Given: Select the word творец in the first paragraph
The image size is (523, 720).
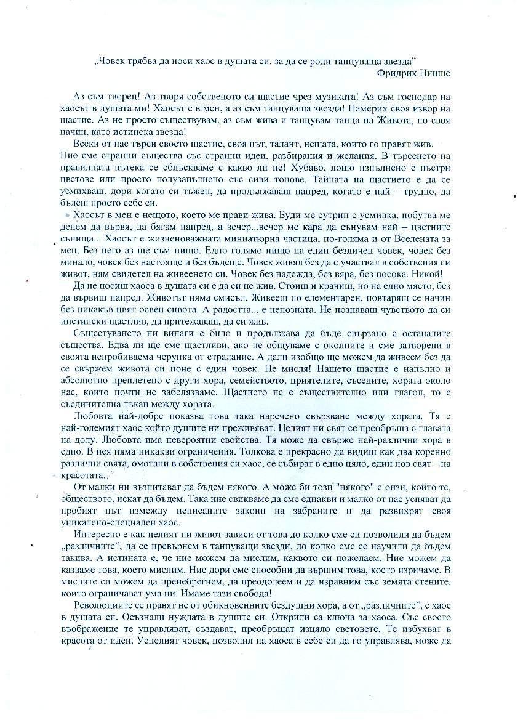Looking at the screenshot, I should [118, 97].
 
